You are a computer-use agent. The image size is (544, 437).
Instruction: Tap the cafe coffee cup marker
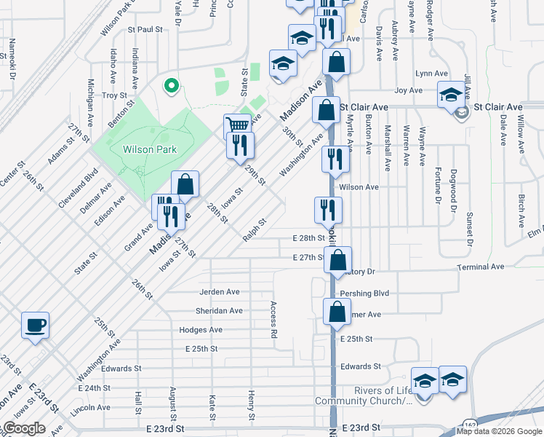pyautogui.click(x=35, y=325)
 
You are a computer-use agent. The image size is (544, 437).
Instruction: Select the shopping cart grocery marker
pyautogui.click(x=237, y=126)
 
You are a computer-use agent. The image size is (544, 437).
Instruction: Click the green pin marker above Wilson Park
pyautogui.click(x=172, y=87)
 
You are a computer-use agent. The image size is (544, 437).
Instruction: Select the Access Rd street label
pyautogui.click(x=274, y=320)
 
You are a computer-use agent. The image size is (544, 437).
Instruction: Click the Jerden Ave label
pyautogui.click(x=220, y=292)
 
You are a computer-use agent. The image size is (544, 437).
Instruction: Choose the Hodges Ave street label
pyautogui.click(x=201, y=330)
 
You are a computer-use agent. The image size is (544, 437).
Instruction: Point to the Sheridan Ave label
pyautogui.click(x=220, y=311)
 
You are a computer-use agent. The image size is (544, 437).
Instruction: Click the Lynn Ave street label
pyautogui.click(x=431, y=74)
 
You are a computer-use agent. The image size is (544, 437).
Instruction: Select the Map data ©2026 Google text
pyautogui.click(x=500, y=431)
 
